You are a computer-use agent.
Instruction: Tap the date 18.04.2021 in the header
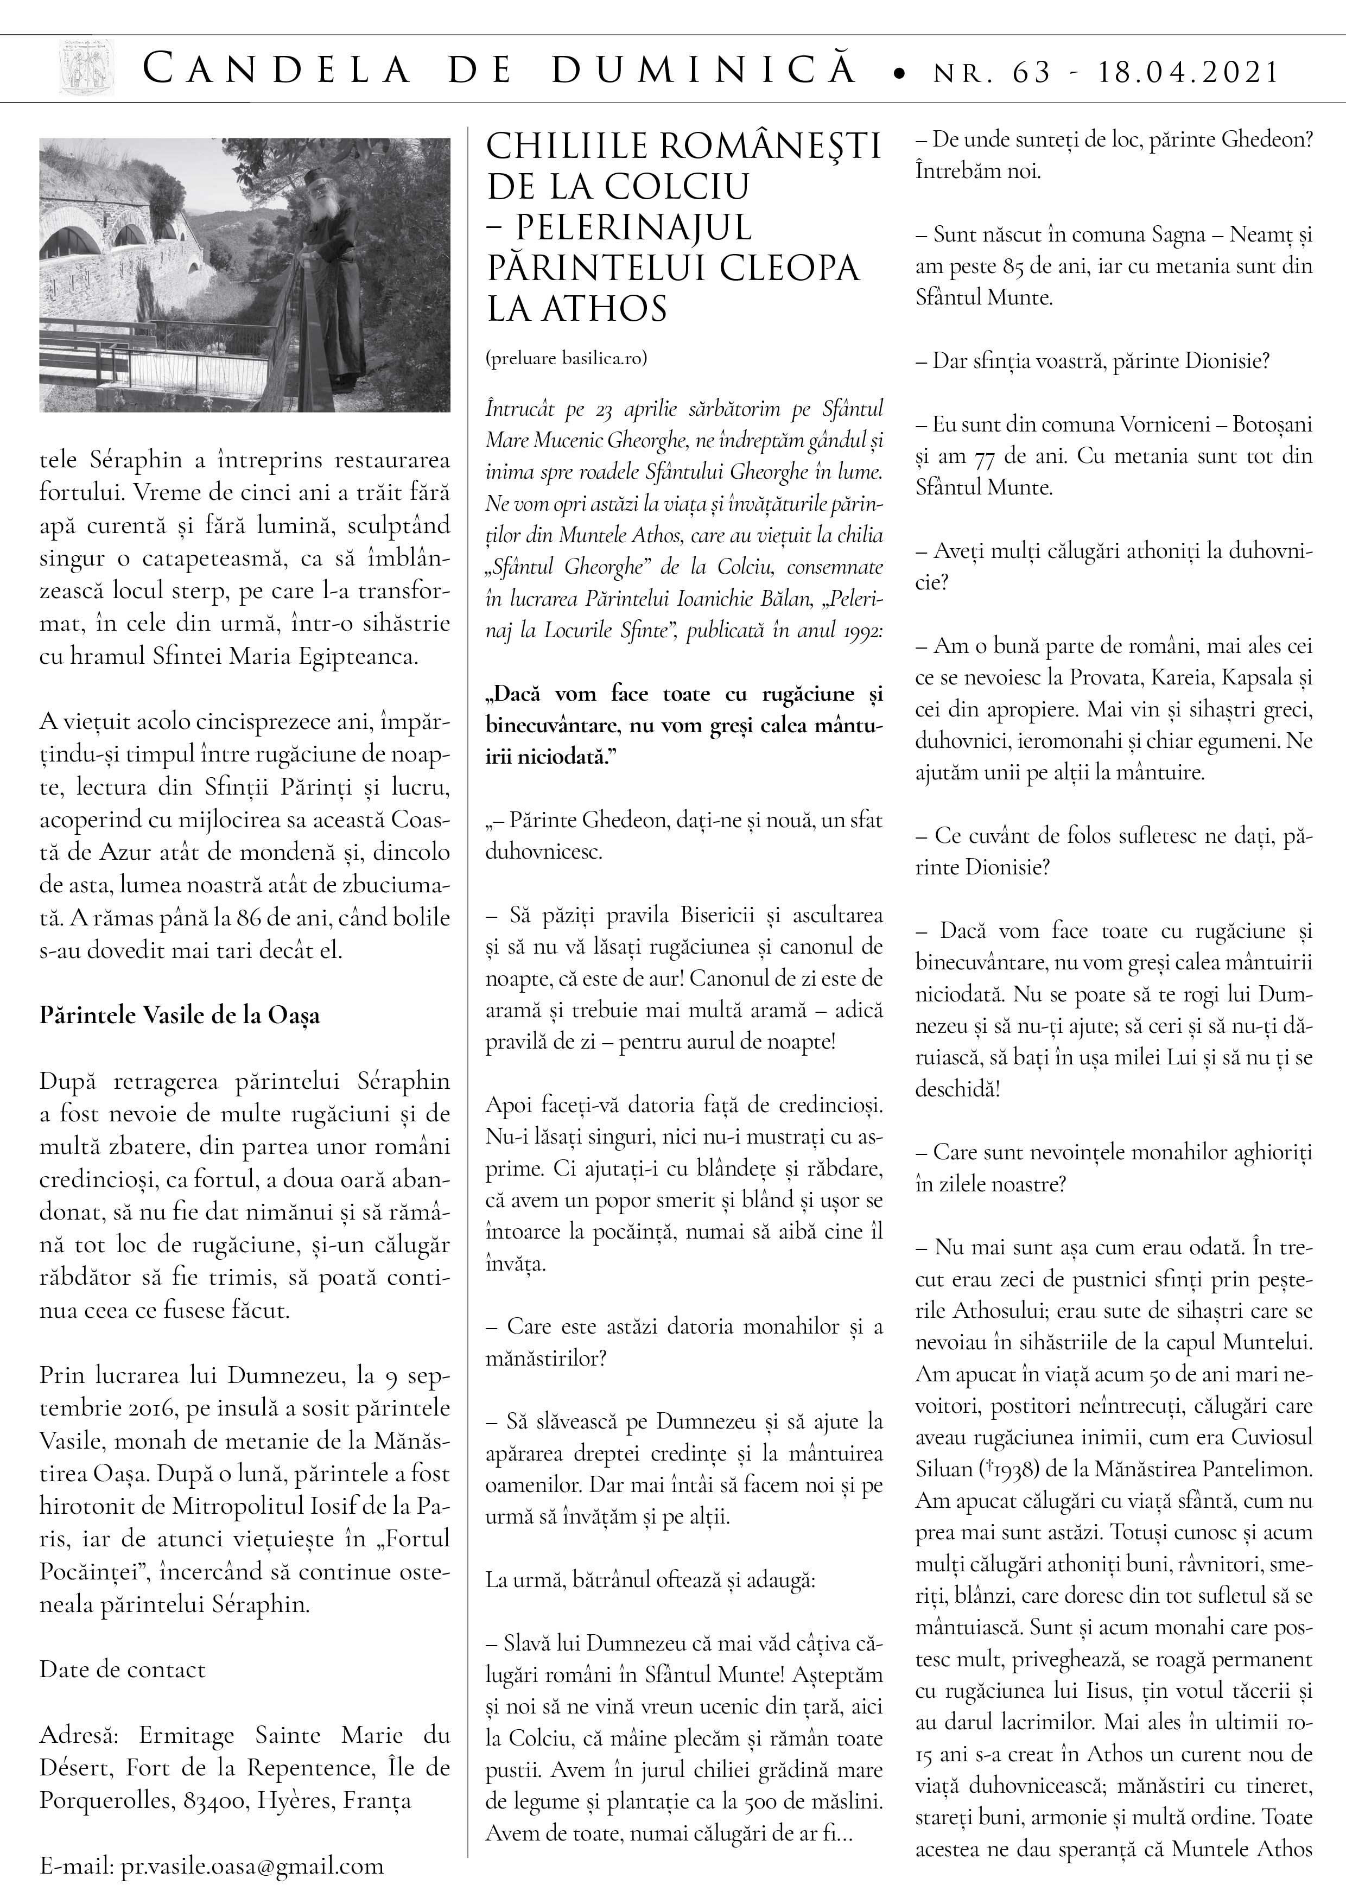pos(1189,72)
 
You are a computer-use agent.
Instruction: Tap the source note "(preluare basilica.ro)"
pos(566,358)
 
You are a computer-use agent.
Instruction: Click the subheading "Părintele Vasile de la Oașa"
pos(179,1016)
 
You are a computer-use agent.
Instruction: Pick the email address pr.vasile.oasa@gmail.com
pos(252,1866)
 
